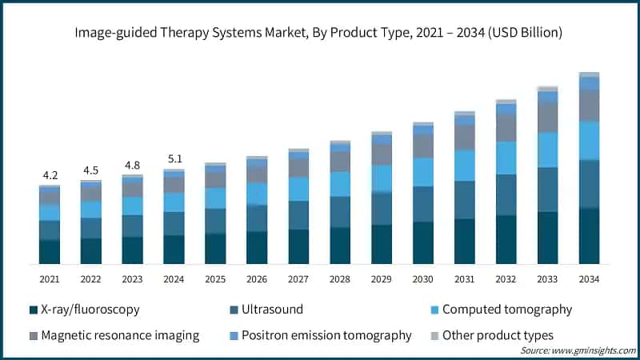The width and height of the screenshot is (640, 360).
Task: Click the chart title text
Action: point(320,34)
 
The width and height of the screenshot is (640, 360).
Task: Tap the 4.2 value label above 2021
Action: point(50,175)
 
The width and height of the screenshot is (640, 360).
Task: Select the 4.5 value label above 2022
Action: point(91,170)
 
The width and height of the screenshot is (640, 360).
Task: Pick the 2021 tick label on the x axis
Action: point(50,278)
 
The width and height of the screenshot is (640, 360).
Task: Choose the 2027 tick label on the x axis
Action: point(298,278)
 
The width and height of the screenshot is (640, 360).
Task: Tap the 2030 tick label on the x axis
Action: point(423,278)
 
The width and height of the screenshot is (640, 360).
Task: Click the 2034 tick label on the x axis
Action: point(589,278)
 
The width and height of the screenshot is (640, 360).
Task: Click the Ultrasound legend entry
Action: point(267,310)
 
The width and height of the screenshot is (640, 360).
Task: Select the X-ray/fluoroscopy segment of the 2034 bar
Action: point(589,236)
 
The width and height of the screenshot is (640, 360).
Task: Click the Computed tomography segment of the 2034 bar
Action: point(589,141)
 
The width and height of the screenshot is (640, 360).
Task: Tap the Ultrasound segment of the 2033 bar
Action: point(547,190)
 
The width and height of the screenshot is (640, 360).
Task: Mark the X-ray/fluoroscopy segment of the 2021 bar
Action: point(50,252)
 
